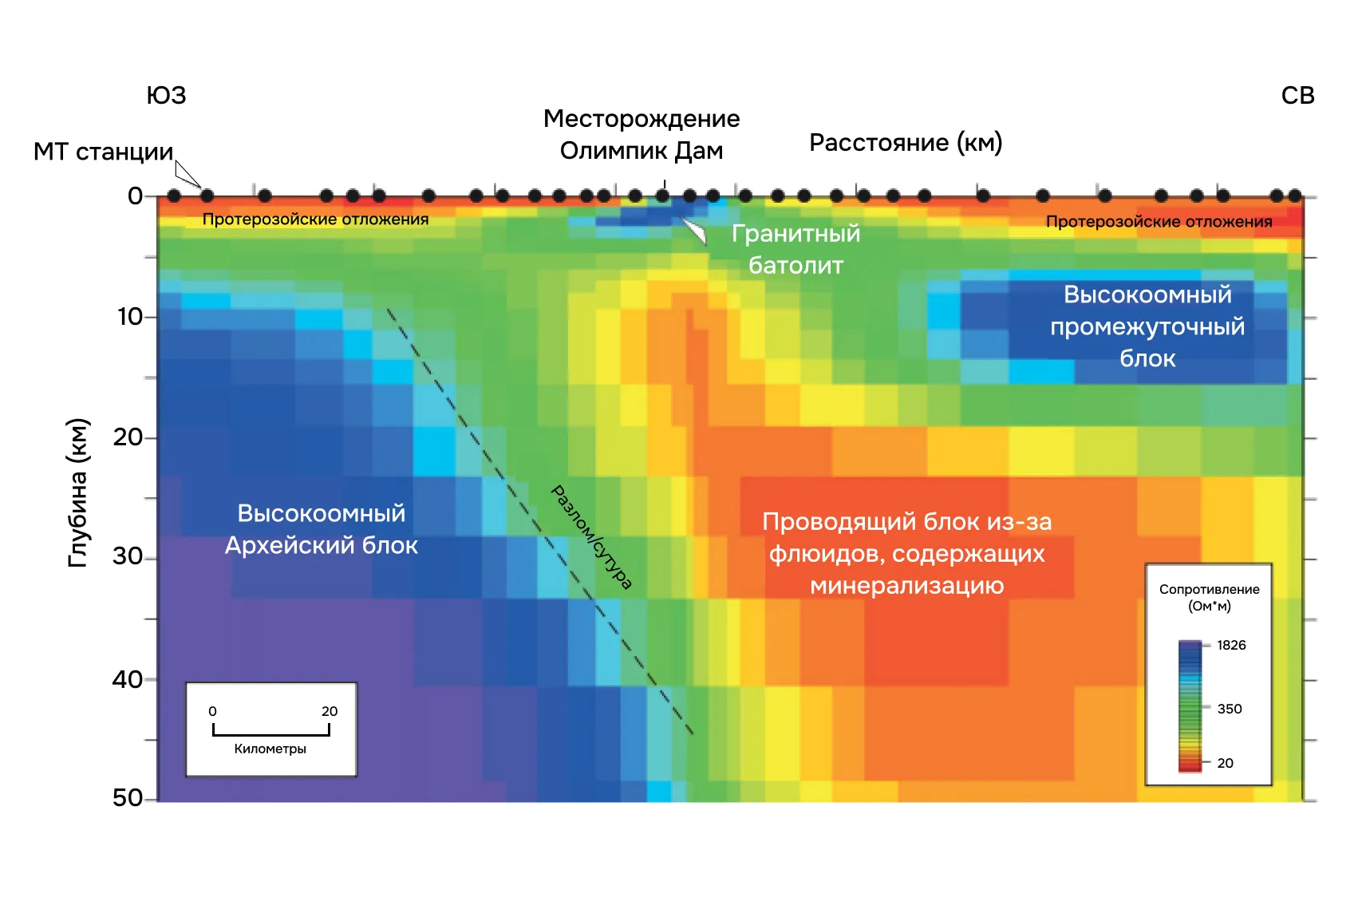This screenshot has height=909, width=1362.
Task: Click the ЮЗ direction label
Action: click(166, 96)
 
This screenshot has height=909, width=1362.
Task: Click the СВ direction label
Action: click(1297, 96)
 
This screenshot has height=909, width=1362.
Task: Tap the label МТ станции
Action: click(103, 152)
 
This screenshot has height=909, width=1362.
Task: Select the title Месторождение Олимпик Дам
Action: click(642, 134)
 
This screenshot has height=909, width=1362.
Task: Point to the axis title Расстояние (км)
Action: click(906, 143)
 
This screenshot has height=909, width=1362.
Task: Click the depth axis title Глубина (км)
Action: click(78, 492)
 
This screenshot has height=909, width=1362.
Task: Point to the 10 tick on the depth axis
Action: click(130, 317)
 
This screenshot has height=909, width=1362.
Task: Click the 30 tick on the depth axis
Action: click(128, 556)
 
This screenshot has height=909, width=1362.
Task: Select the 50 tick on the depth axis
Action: click(128, 797)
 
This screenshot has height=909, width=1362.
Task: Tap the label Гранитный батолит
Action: click(795, 249)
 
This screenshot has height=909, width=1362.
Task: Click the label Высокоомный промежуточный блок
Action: click(1147, 326)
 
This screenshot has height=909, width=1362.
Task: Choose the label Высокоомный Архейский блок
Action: click(322, 529)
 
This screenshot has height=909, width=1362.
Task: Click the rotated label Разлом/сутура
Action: click(592, 537)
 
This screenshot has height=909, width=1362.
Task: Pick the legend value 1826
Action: click(1231, 645)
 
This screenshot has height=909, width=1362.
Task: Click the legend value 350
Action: click(1230, 709)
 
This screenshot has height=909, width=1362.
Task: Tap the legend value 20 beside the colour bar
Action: click(1226, 763)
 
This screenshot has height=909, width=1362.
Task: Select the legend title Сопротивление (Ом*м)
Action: click(1209, 597)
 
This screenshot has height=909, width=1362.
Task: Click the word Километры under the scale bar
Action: click(270, 749)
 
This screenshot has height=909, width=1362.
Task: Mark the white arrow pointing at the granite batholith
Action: click(696, 231)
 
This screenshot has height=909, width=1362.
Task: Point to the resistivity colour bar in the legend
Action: click(1190, 705)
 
